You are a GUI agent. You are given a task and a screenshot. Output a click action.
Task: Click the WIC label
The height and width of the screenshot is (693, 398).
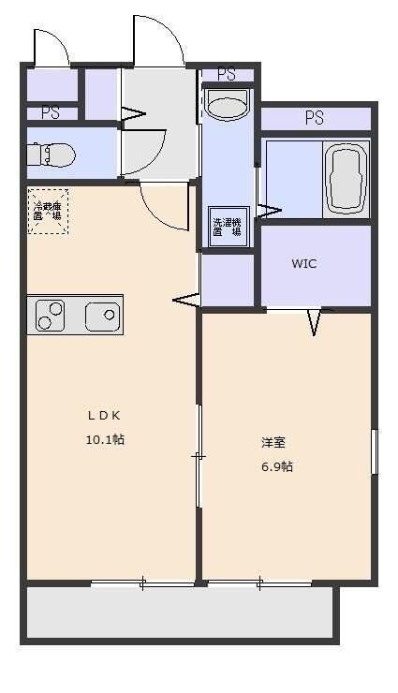[x=303, y=264]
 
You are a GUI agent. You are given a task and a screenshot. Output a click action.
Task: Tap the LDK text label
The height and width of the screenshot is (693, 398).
[x=105, y=416]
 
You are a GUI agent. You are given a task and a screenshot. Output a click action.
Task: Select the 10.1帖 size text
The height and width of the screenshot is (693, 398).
[x=105, y=439]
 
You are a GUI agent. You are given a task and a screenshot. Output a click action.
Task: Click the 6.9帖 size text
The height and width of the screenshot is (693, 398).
[x=276, y=465]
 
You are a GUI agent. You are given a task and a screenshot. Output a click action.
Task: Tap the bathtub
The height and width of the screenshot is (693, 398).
[x=346, y=178]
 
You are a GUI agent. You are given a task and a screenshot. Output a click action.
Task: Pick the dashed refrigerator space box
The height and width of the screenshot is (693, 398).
[x=47, y=211]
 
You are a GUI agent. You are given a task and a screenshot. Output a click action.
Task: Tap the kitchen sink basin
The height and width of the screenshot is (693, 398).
[x=102, y=316]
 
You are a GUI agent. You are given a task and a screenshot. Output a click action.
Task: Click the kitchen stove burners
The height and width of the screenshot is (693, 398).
[x=50, y=316]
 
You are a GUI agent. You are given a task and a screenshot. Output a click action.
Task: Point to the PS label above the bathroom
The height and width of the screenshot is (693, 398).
[x=314, y=118]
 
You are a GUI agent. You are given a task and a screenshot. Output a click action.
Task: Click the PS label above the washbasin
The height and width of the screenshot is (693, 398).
[x=226, y=73]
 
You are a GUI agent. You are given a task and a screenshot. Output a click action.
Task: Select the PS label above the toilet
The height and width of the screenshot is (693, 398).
[x=51, y=112]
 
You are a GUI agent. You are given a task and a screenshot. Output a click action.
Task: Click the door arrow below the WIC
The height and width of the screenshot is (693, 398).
[x=314, y=322]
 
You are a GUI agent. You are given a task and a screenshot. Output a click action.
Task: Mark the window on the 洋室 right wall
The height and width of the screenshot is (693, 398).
[x=374, y=451]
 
